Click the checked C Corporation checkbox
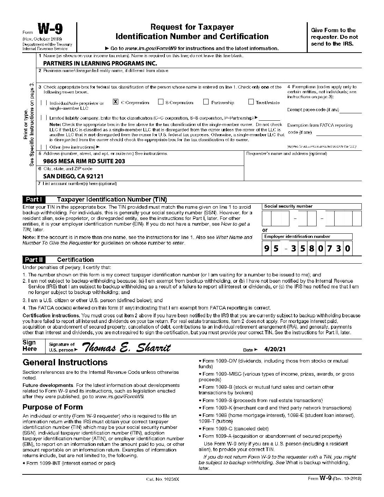[115, 102]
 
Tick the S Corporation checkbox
[161, 102]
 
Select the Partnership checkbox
[206, 102]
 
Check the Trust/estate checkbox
[251, 102]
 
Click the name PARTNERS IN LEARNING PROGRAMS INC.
[100, 64]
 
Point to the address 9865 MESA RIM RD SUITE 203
[84, 161]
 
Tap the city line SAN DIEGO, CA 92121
[73, 176]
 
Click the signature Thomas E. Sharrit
[126, 348]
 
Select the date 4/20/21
[275, 349]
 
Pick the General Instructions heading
[65, 362]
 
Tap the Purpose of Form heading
[53, 407]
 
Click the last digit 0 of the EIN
[347, 248]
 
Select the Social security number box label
[288, 206]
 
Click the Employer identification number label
[297, 236]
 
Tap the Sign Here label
[29, 346]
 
